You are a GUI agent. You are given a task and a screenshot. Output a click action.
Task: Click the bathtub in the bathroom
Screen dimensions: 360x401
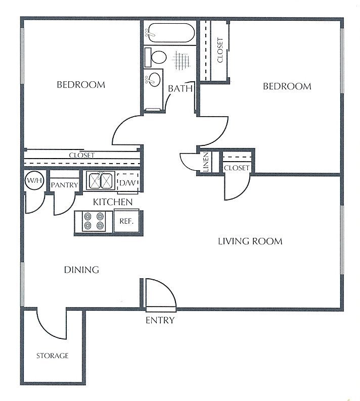(169, 33)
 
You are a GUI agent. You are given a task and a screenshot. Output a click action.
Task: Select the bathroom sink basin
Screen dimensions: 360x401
(154, 79)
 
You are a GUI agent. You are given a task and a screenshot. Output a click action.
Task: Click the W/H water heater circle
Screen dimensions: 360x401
(34, 181)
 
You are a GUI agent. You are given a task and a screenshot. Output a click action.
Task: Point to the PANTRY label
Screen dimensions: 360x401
(64, 185)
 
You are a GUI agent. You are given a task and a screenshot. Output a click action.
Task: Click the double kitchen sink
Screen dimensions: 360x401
(101, 181)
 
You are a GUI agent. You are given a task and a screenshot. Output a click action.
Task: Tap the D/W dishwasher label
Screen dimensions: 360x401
(127, 183)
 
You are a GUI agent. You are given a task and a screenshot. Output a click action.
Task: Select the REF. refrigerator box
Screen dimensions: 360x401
(126, 221)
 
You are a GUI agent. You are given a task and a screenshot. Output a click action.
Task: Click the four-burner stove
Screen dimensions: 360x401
(94, 221)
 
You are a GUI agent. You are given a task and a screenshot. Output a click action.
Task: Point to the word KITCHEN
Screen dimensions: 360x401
(113, 202)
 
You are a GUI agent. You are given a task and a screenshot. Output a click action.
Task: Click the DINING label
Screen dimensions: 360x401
(81, 270)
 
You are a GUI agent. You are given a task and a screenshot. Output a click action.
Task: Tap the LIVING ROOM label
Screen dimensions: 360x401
(250, 241)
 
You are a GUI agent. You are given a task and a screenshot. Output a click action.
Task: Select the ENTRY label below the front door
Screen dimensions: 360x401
(160, 320)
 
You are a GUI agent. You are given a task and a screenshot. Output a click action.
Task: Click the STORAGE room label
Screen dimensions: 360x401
(52, 356)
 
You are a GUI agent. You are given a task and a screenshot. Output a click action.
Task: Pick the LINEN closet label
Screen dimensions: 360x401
(206, 162)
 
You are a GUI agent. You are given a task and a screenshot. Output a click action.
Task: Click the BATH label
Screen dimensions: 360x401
(180, 88)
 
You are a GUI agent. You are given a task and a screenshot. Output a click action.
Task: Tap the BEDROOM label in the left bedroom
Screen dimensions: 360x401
(81, 85)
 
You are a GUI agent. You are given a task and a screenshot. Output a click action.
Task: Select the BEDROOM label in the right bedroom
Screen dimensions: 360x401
(287, 86)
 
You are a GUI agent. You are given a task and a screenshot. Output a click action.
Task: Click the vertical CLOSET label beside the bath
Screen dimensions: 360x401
(220, 50)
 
